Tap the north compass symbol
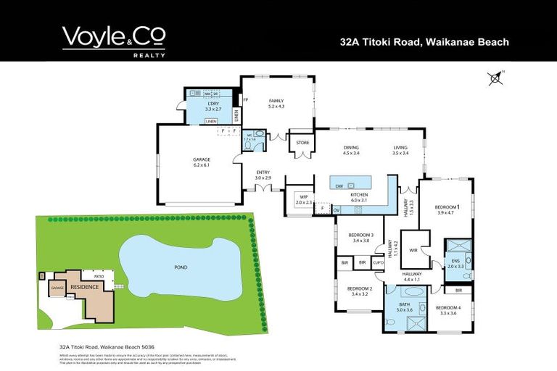coord(495,78)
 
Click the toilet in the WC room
coord(248,144)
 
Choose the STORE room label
coord(301,142)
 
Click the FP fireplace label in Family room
coord(246,99)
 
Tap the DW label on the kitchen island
coord(339,186)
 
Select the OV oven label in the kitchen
coord(337,209)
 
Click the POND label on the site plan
coord(181,267)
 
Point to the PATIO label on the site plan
coord(90,275)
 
